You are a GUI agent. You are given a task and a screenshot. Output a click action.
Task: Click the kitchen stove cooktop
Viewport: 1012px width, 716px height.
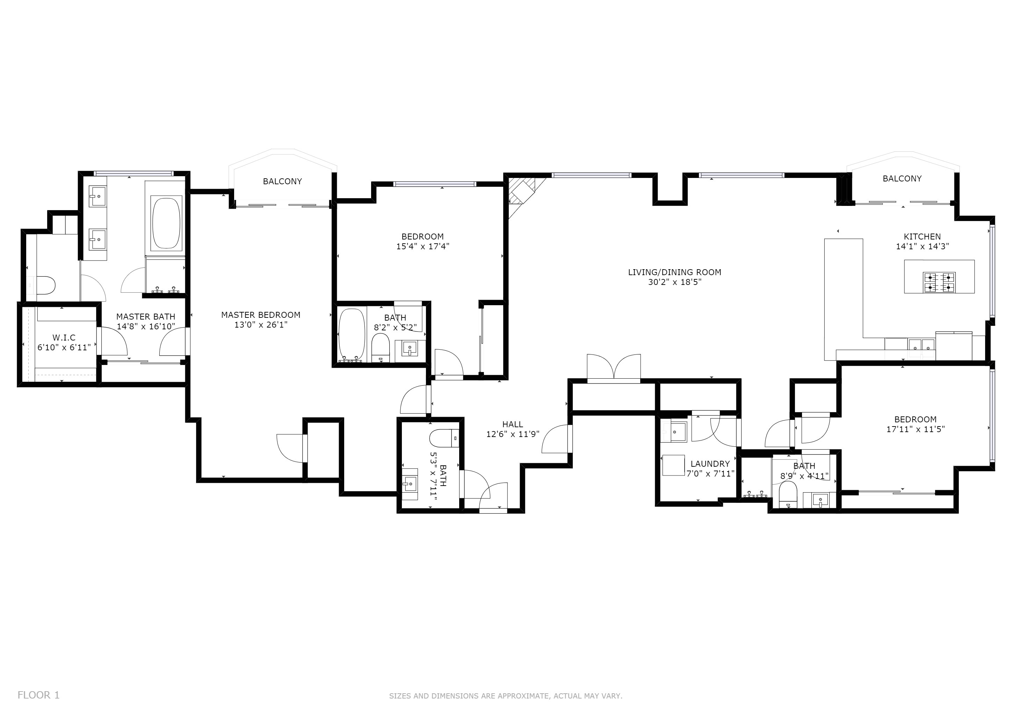coord(939,282)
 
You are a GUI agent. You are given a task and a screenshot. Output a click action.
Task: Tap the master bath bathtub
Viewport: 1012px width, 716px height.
coord(167,223)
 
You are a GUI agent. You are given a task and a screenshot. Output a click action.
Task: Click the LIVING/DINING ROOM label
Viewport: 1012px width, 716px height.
coord(675,272)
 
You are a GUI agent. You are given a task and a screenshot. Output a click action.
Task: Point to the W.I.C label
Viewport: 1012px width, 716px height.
coord(64,338)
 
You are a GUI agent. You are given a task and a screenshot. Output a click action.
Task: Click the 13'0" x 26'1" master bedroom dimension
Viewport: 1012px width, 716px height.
coord(261,325)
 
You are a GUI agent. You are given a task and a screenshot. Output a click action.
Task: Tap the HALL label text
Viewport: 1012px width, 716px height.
coord(513,424)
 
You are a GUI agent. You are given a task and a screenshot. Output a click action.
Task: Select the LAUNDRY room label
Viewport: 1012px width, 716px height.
coord(710,464)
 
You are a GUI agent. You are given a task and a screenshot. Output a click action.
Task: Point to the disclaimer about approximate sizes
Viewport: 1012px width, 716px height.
coord(506,696)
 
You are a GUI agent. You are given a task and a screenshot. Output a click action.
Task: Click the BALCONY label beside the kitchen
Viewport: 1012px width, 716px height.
coord(902,179)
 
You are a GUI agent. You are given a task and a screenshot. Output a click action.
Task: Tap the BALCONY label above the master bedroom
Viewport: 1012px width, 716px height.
coord(283,181)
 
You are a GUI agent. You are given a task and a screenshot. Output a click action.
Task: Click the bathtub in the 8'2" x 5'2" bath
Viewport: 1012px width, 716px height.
coord(352,335)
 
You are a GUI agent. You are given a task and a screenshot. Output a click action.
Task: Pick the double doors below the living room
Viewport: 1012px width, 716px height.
coord(614,368)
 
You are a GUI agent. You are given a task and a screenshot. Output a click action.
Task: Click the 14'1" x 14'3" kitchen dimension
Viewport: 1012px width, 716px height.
coord(923,246)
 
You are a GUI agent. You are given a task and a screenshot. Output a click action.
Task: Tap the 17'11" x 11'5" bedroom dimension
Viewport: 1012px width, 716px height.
coord(916,429)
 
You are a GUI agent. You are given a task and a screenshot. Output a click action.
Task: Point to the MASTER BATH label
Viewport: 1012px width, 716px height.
coord(146,316)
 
